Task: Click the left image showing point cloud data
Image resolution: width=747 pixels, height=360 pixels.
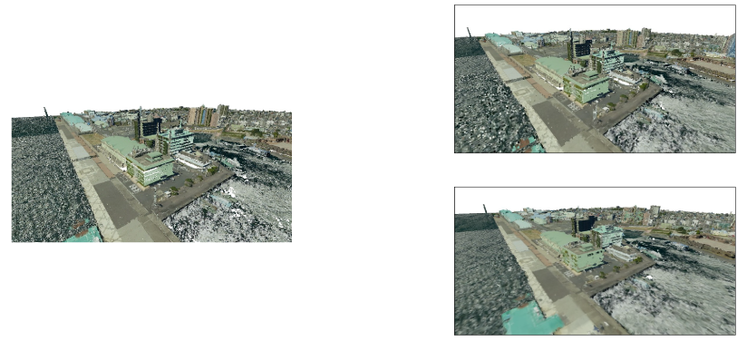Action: click(x=150, y=169)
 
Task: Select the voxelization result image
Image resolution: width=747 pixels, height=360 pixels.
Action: click(x=594, y=79)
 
